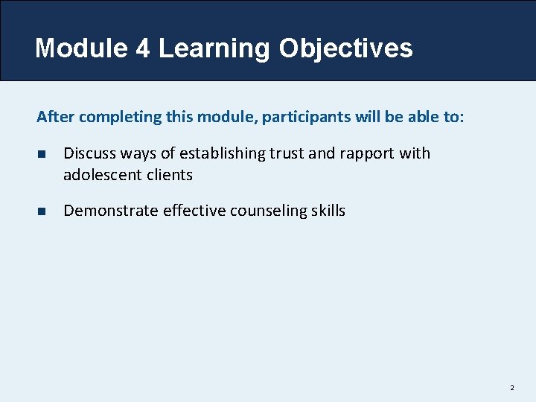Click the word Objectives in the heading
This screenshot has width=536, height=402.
345,48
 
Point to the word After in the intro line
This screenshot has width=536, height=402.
56,117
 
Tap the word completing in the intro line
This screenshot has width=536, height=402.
113,117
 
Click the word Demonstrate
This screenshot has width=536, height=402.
111,211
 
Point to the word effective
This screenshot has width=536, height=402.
194,211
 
